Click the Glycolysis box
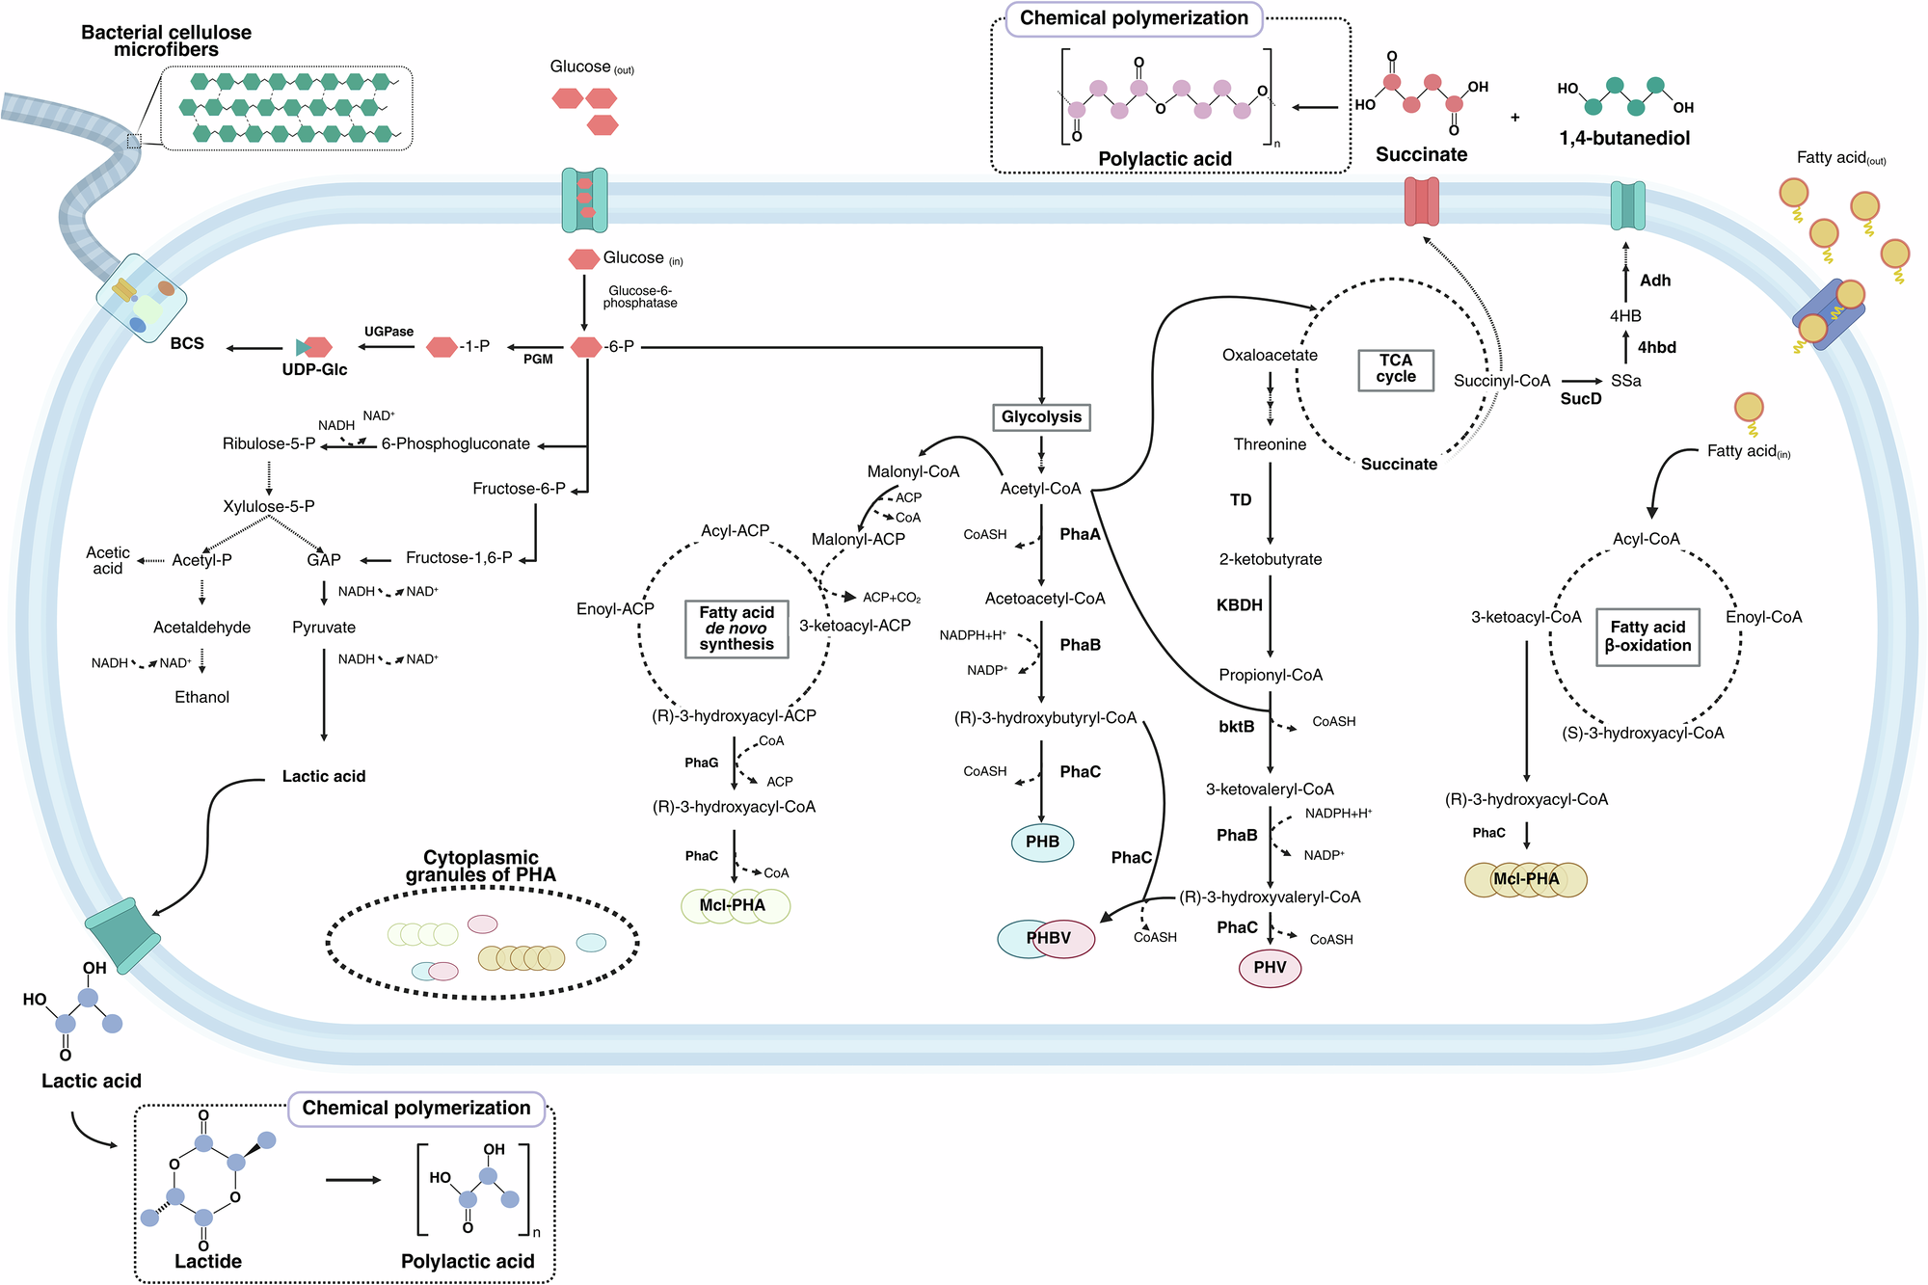pos(1041,416)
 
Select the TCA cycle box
pos(1395,368)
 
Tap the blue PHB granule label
pos(1042,842)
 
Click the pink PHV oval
pos(1270,967)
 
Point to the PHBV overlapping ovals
pos(1047,938)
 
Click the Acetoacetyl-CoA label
pos(1044,599)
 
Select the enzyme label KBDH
pos(1239,605)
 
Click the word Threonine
pos(1270,444)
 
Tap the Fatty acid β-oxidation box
pos(1647,636)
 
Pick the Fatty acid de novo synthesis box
pos(736,629)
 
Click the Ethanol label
pos(201,697)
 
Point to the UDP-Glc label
pos(314,369)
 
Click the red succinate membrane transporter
pos(1421,201)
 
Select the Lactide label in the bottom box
pos(208,1261)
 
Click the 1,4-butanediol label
pos(1624,138)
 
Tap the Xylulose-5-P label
pos(269,506)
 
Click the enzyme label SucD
pos(1580,399)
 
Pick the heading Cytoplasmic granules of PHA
pos(480,866)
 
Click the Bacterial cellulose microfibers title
pos(166,40)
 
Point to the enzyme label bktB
pos(1236,726)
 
